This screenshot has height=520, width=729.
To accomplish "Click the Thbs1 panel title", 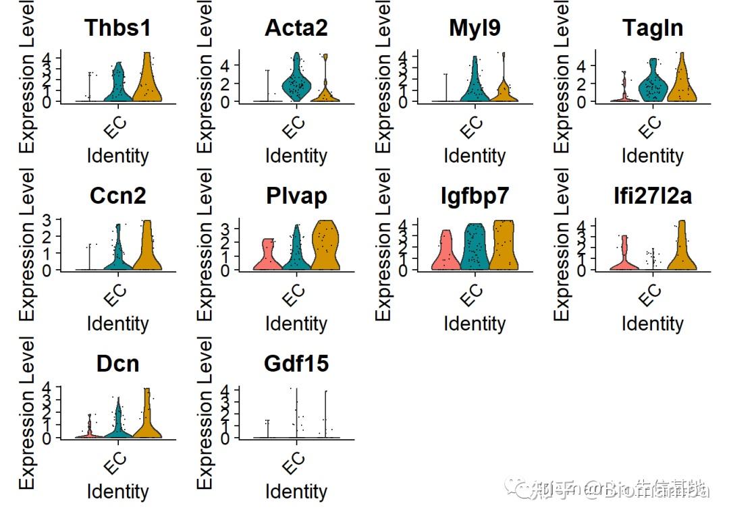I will click(x=117, y=28).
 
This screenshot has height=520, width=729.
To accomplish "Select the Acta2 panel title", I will click(x=296, y=28).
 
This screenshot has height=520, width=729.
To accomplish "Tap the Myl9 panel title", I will click(x=475, y=28).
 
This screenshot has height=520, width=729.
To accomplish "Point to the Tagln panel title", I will click(x=653, y=28).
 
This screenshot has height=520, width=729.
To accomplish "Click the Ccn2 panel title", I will click(x=117, y=196).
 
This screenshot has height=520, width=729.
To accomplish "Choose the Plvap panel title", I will click(x=296, y=196).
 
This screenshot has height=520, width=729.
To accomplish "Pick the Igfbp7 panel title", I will click(x=475, y=196).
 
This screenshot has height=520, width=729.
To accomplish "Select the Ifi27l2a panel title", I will click(x=653, y=196).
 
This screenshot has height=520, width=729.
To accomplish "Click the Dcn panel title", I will click(x=117, y=364).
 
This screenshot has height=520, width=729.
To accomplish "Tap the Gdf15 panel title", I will click(x=296, y=364).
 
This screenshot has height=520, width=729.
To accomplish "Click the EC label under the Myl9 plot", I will click(x=472, y=127).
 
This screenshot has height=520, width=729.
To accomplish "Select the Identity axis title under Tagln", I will click(x=653, y=156).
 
